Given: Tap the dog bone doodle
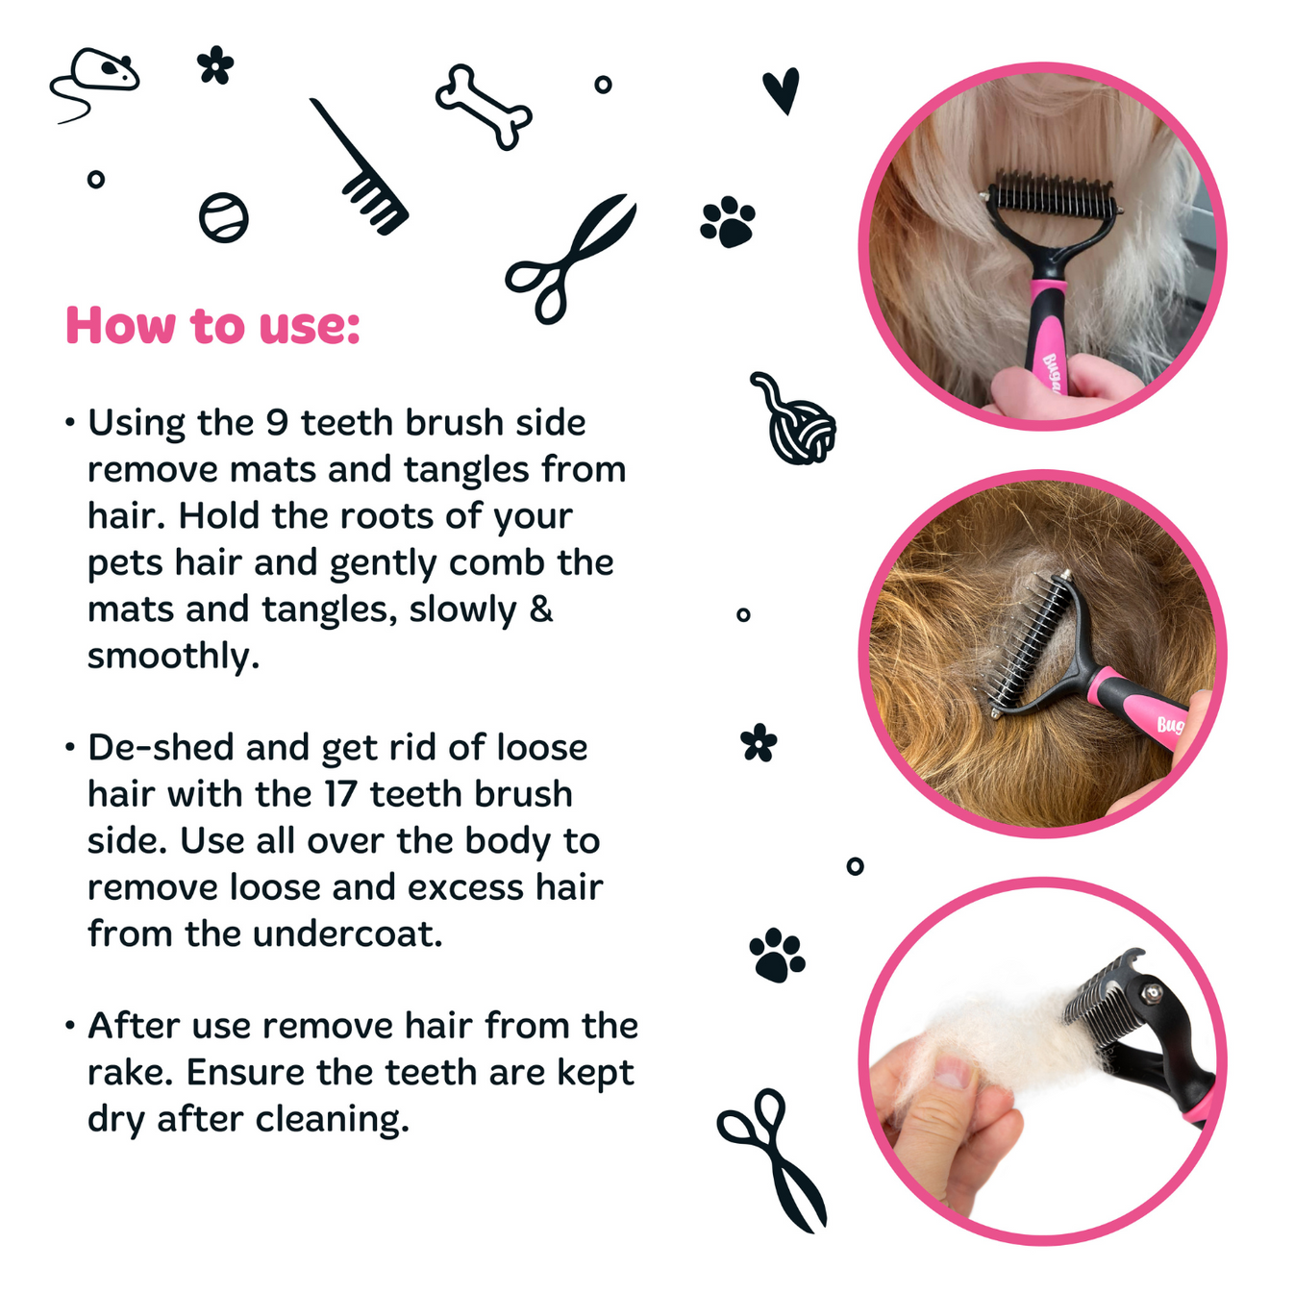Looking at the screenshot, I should [x=484, y=107].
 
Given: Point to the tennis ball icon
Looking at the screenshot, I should [x=224, y=217].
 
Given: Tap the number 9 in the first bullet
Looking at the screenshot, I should [x=277, y=423].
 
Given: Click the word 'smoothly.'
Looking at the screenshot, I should [x=173, y=656].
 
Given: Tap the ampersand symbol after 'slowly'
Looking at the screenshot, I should [x=541, y=609].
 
